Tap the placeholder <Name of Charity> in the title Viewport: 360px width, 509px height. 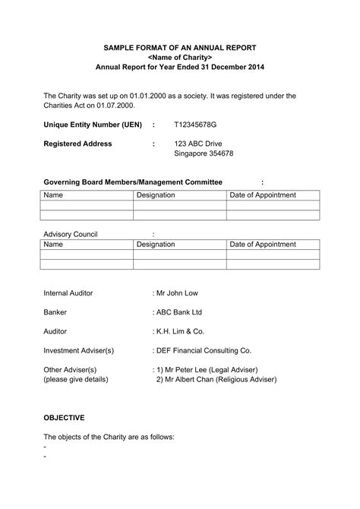179,57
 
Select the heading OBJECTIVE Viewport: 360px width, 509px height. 64,418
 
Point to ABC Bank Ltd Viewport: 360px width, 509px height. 178,311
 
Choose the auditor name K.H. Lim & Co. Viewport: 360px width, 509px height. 178,331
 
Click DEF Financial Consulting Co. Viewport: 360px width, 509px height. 202,350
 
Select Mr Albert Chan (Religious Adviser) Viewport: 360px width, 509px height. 216,379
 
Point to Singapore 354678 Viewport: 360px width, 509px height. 204,153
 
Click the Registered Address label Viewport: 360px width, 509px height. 77,144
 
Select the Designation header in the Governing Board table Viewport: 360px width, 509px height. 156,195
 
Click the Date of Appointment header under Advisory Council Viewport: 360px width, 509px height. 263,245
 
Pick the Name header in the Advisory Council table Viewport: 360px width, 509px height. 53,245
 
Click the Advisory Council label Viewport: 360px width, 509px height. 71,234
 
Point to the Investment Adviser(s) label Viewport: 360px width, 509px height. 79,350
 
